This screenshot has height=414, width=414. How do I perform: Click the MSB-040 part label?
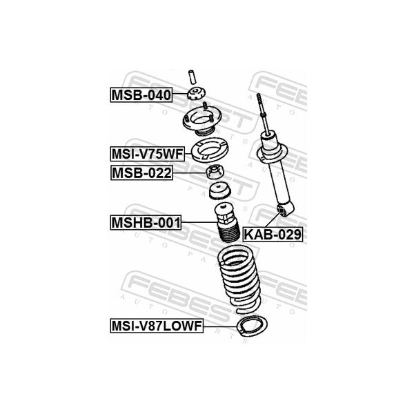(141, 95)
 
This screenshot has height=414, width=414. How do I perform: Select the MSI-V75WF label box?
(148, 154)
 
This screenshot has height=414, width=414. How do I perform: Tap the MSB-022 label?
(141, 173)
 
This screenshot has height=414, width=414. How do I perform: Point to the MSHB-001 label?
(146, 223)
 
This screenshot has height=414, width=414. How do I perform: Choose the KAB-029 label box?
(273, 234)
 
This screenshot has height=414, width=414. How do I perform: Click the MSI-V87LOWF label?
(157, 326)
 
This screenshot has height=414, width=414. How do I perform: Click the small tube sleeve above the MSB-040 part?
(193, 77)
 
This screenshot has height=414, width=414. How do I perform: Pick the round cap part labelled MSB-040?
(196, 93)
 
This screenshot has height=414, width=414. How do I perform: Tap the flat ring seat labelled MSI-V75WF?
(210, 150)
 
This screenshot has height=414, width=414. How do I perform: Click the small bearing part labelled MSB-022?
(215, 172)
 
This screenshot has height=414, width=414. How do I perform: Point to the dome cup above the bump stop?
(220, 190)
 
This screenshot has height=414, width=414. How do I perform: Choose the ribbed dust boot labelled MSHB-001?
(226, 222)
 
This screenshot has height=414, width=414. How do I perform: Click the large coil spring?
(239, 279)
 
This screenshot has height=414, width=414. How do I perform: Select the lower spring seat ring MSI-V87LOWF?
(253, 326)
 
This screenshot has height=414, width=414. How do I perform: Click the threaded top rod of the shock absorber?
(262, 114)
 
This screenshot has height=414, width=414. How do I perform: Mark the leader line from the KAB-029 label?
(273, 219)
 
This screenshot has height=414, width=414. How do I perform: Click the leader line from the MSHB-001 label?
(199, 222)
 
